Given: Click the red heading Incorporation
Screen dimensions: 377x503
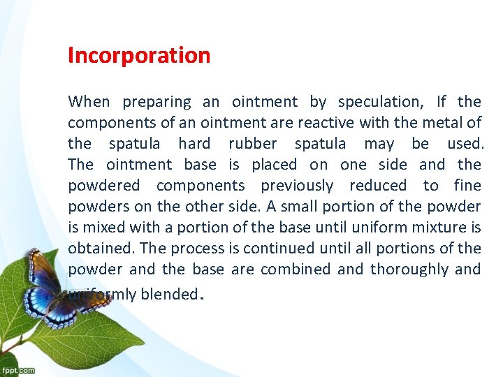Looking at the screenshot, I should [139, 56].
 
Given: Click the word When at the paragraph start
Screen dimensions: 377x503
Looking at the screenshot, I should [89, 102].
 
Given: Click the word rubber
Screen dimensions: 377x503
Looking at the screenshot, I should [252, 144].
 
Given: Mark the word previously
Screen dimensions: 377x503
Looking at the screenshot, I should [297, 186].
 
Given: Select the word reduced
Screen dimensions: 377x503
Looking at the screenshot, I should [377, 186].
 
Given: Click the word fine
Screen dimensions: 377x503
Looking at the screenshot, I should [467, 186].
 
